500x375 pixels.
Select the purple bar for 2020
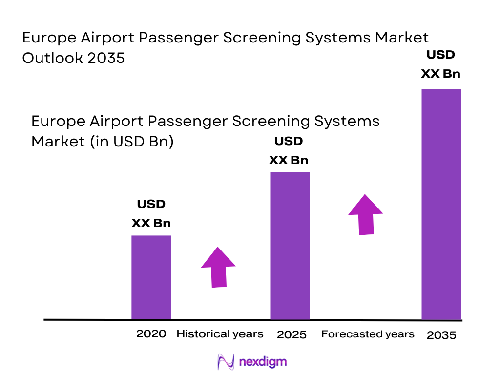click(x=151, y=277)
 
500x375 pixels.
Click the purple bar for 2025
click(x=290, y=246)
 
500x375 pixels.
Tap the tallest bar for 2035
click(x=441, y=204)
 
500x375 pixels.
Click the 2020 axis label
click(x=151, y=334)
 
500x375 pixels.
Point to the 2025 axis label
click(x=292, y=335)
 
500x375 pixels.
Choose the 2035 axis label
click(x=441, y=335)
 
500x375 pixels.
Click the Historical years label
click(x=220, y=334)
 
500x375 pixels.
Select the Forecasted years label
click(x=368, y=334)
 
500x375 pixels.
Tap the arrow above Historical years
click(x=218, y=267)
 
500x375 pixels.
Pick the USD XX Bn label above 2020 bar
click(x=151, y=213)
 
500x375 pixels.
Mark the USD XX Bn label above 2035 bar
click(x=440, y=64)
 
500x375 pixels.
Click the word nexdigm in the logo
click(x=263, y=362)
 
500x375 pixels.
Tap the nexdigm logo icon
click(x=226, y=362)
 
